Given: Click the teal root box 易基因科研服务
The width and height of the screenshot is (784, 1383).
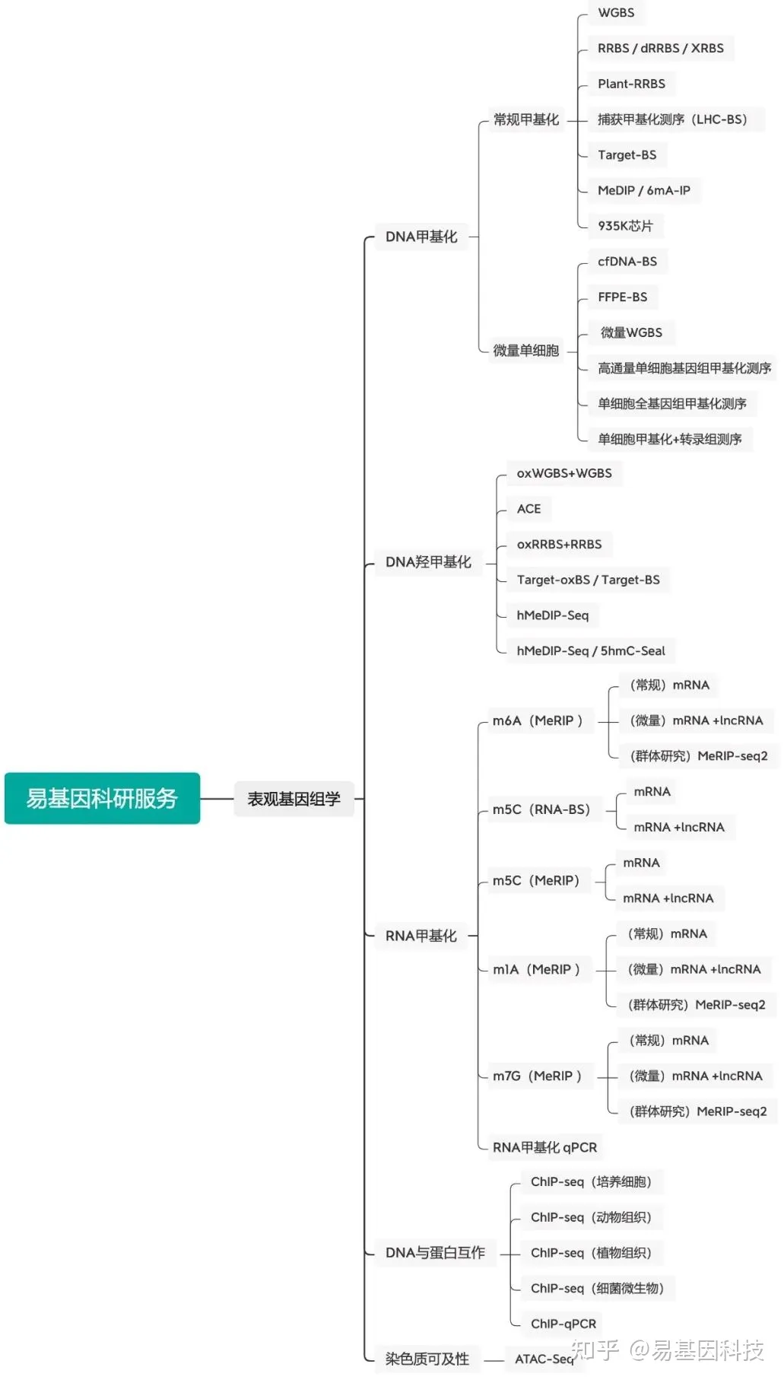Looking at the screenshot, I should pyautogui.click(x=102, y=798).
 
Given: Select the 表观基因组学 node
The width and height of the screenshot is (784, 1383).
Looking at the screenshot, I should pyautogui.click(x=294, y=799).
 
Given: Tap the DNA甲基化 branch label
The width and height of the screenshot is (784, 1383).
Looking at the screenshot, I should pyautogui.click(x=421, y=237).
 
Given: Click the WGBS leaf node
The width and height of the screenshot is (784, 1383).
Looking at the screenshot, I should pyautogui.click(x=616, y=13).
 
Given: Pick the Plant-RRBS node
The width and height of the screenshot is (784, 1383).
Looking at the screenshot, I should pyautogui.click(x=631, y=84).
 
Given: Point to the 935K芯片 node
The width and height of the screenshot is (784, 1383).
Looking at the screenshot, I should pyautogui.click(x=625, y=226).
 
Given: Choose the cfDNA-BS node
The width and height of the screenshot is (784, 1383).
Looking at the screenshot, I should pyautogui.click(x=627, y=262).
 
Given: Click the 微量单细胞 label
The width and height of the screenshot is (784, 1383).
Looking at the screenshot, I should pyautogui.click(x=525, y=351).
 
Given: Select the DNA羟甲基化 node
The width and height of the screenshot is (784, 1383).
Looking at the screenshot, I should pyautogui.click(x=428, y=562).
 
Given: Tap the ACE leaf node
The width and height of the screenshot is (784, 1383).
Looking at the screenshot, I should pyautogui.click(x=528, y=509).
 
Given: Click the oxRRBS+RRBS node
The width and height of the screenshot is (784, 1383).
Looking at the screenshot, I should pyautogui.click(x=559, y=545).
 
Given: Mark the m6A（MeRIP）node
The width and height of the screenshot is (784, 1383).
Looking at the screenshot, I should pyautogui.click(x=538, y=720).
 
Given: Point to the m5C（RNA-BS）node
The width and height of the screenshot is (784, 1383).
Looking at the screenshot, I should pyautogui.click(x=541, y=809).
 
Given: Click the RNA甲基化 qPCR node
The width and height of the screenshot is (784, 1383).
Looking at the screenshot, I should pyautogui.click(x=544, y=1147).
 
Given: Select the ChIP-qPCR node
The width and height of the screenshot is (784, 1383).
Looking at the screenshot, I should pyautogui.click(x=563, y=1324).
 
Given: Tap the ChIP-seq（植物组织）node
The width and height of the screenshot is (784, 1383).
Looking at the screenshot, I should pyautogui.click(x=591, y=1253).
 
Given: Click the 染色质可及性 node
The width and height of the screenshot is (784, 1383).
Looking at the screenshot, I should pyautogui.click(x=427, y=1359).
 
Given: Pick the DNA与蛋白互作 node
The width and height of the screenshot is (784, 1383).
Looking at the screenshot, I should pyautogui.click(x=435, y=1253).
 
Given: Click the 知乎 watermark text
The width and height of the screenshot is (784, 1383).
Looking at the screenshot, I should pyautogui.click(x=595, y=1350).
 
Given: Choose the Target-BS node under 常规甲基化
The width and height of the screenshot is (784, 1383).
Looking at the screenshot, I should pyautogui.click(x=627, y=155).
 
